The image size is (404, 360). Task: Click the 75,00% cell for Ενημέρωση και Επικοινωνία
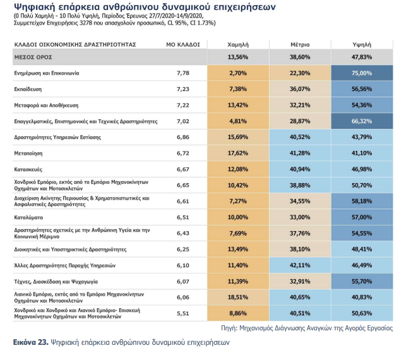click(x=362, y=73)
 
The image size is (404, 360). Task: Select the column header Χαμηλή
click(x=238, y=45)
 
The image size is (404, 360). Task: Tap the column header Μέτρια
click(x=300, y=45)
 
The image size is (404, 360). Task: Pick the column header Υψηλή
click(x=362, y=45)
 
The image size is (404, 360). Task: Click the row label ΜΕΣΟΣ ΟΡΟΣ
click(x=33, y=57)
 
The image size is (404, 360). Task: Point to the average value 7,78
click(x=183, y=73)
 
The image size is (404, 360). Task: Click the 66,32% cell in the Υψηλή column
click(x=362, y=121)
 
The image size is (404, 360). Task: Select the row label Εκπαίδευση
click(x=28, y=89)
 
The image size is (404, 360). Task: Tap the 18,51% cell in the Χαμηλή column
click(x=238, y=297)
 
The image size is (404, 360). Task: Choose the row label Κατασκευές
click(x=28, y=169)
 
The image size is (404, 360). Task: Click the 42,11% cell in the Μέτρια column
click(x=300, y=265)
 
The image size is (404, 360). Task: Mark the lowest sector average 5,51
click(x=183, y=313)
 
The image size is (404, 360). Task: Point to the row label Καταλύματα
click(x=28, y=217)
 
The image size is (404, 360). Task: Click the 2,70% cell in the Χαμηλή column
click(x=238, y=73)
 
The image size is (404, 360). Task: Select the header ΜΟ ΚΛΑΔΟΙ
click(x=183, y=45)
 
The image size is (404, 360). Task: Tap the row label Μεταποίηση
click(x=28, y=153)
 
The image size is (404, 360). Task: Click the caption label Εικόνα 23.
click(x=31, y=342)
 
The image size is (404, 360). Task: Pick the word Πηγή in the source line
click(x=229, y=328)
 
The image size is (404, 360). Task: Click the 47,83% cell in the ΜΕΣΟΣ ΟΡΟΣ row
click(x=362, y=57)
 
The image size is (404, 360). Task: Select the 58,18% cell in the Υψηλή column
click(x=362, y=201)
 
